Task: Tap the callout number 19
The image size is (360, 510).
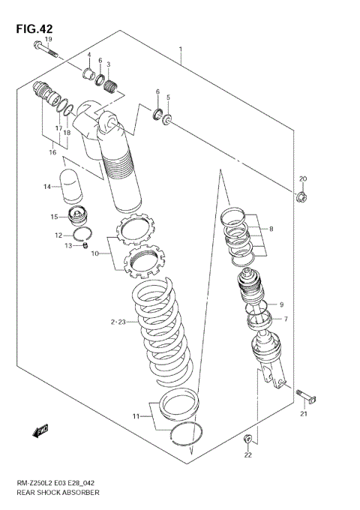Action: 48,39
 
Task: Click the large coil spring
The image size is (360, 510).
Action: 163,330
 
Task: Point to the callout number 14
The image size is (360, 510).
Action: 46,187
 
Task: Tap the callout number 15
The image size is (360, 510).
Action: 55,217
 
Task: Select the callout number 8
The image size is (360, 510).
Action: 271,229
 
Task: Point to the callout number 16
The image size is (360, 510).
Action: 52,152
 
